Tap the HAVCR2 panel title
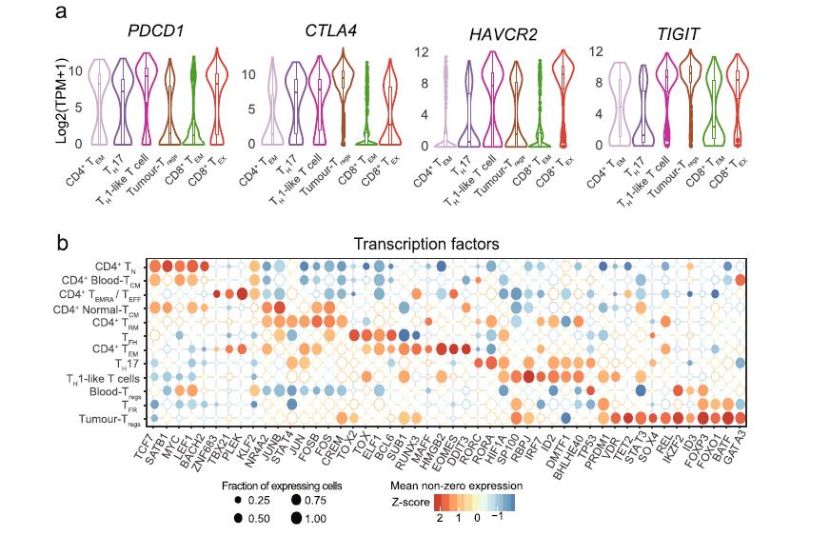(x=502, y=35)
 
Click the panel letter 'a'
(x=60, y=12)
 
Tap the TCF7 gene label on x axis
(x=145, y=440)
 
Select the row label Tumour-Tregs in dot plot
(x=109, y=419)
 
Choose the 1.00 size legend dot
(x=298, y=519)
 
